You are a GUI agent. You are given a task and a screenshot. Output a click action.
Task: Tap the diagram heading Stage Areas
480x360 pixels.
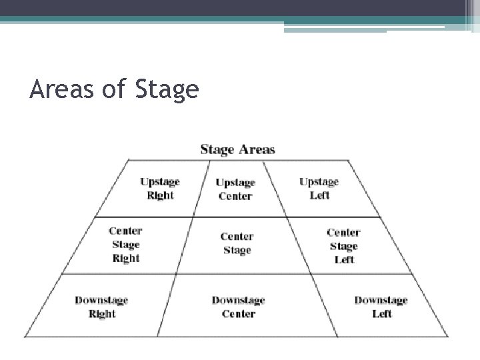click(237, 149)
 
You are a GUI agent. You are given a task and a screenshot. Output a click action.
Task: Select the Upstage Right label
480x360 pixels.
click(160, 189)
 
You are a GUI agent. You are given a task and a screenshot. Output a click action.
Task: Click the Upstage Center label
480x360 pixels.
click(235, 189)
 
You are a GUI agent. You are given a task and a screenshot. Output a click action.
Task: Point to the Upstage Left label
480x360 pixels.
click(319, 189)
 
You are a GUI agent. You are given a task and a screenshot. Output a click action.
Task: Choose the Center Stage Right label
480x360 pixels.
click(125, 245)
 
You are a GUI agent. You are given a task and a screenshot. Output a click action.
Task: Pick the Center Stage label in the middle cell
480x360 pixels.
click(237, 243)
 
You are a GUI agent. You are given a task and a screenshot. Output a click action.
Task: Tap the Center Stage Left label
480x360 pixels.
click(343, 246)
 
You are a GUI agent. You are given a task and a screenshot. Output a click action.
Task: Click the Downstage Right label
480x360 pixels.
click(101, 307)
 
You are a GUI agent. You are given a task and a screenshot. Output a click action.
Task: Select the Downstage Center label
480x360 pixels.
click(238, 307)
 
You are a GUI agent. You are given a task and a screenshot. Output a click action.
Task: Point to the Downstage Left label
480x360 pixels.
click(381, 307)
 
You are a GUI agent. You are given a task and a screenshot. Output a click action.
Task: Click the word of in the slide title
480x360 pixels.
click(113, 89)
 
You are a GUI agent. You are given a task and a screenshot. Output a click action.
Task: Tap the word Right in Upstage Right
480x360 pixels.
click(160, 196)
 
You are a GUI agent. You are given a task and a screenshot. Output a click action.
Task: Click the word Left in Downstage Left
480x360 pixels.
click(381, 314)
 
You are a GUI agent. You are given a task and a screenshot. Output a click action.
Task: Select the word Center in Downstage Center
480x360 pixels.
click(238, 314)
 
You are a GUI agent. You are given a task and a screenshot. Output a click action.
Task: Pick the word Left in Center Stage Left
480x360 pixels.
click(344, 260)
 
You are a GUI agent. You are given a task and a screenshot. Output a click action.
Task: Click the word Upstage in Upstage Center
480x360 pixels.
click(235, 183)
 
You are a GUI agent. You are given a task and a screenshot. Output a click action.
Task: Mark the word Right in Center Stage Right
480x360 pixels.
click(125, 259)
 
